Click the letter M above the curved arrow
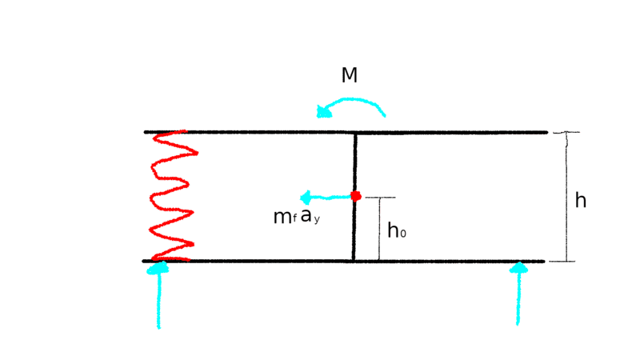click(350, 75)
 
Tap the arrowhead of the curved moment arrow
click(324, 111)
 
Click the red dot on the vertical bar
click(355, 196)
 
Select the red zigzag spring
click(173, 196)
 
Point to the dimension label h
click(581, 201)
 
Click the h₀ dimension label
click(396, 230)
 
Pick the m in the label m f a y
click(282, 218)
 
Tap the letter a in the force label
click(306, 215)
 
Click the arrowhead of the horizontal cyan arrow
click(306, 198)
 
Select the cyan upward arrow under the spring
click(158, 294)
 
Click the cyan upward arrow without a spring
click(518, 294)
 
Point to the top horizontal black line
click(346, 132)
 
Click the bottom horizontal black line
click(343, 262)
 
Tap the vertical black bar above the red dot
click(355, 162)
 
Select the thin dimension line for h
click(566, 197)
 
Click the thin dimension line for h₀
click(379, 229)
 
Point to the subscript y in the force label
click(317, 221)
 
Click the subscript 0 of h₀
click(403, 234)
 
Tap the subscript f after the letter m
click(294, 218)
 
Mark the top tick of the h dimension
click(566, 132)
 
